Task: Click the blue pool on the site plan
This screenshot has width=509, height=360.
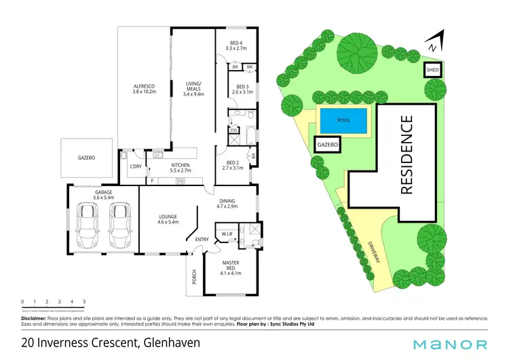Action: [x=343, y=121]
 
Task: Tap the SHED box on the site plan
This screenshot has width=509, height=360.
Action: [x=432, y=70]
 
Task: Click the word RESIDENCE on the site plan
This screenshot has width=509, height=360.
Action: [x=407, y=155]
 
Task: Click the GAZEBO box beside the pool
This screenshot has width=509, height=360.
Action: [x=327, y=145]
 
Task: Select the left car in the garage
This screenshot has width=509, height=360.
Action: [x=89, y=226]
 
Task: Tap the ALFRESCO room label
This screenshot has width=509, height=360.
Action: [x=144, y=89]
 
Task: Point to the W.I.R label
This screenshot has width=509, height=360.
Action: [x=227, y=234]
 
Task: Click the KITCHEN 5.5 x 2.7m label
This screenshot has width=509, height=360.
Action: [x=179, y=168]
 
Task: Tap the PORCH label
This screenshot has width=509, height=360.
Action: [x=194, y=277]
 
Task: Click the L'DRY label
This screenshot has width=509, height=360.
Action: [x=134, y=166]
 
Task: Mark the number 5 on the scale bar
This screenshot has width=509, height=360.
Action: [x=84, y=300]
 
